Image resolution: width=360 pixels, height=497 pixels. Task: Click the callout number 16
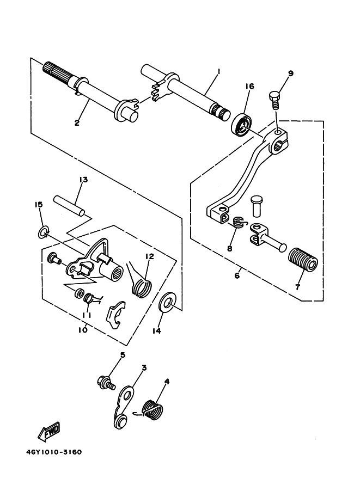pos(249,86)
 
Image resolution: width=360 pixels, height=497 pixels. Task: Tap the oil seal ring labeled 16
pos(243,125)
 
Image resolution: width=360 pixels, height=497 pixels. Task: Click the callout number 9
pos(290,73)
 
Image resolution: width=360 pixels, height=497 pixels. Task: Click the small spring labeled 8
pos(239,222)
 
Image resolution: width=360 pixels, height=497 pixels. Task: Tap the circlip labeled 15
pos(43,232)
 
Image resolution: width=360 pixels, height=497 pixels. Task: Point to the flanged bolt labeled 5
pos(106,382)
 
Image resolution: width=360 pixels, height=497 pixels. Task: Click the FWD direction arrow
pos(49,431)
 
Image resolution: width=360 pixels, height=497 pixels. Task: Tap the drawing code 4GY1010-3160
pos(54,452)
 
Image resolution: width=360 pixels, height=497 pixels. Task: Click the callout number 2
pos(77,123)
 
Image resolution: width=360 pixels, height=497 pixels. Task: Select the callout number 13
pos(83,180)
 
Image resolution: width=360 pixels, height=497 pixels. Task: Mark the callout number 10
pos(82,330)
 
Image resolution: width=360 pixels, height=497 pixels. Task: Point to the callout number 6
pos(237,275)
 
